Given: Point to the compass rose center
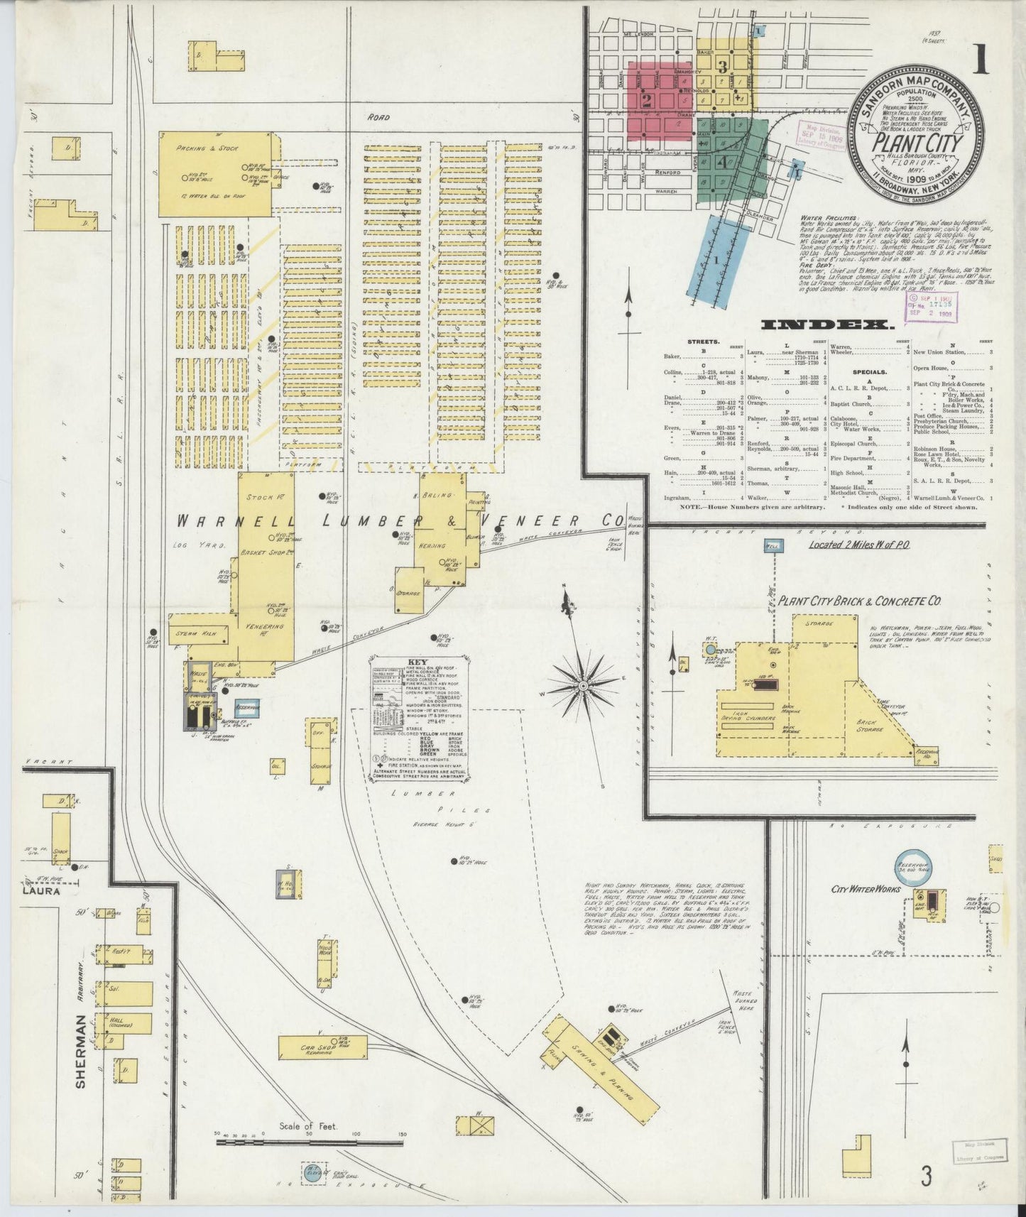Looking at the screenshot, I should [x=582, y=686].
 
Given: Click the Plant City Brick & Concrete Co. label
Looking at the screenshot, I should [x=859, y=601].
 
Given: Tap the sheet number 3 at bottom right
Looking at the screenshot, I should [x=925, y=1177].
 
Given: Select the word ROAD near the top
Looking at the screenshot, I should [x=379, y=117].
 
